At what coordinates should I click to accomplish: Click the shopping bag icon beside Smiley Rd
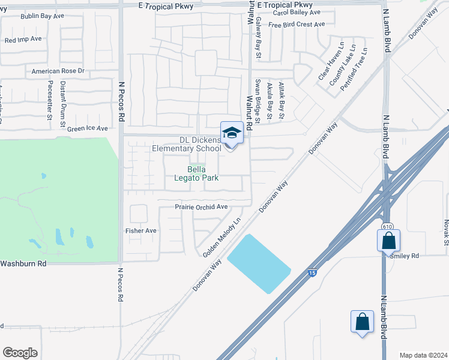pos(389,241)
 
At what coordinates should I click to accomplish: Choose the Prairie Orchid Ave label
pos(201,207)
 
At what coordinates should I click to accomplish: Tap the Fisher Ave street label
pos(140,230)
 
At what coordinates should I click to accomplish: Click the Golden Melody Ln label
pos(221,238)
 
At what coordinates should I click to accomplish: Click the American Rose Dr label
pos(58,71)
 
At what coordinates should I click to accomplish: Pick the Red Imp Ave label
pos(23,40)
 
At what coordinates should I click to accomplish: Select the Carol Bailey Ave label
pos(296,12)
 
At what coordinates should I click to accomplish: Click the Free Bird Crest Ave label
pos(297,25)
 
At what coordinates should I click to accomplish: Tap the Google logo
pos(20,353)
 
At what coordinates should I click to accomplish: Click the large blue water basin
pos(259,264)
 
